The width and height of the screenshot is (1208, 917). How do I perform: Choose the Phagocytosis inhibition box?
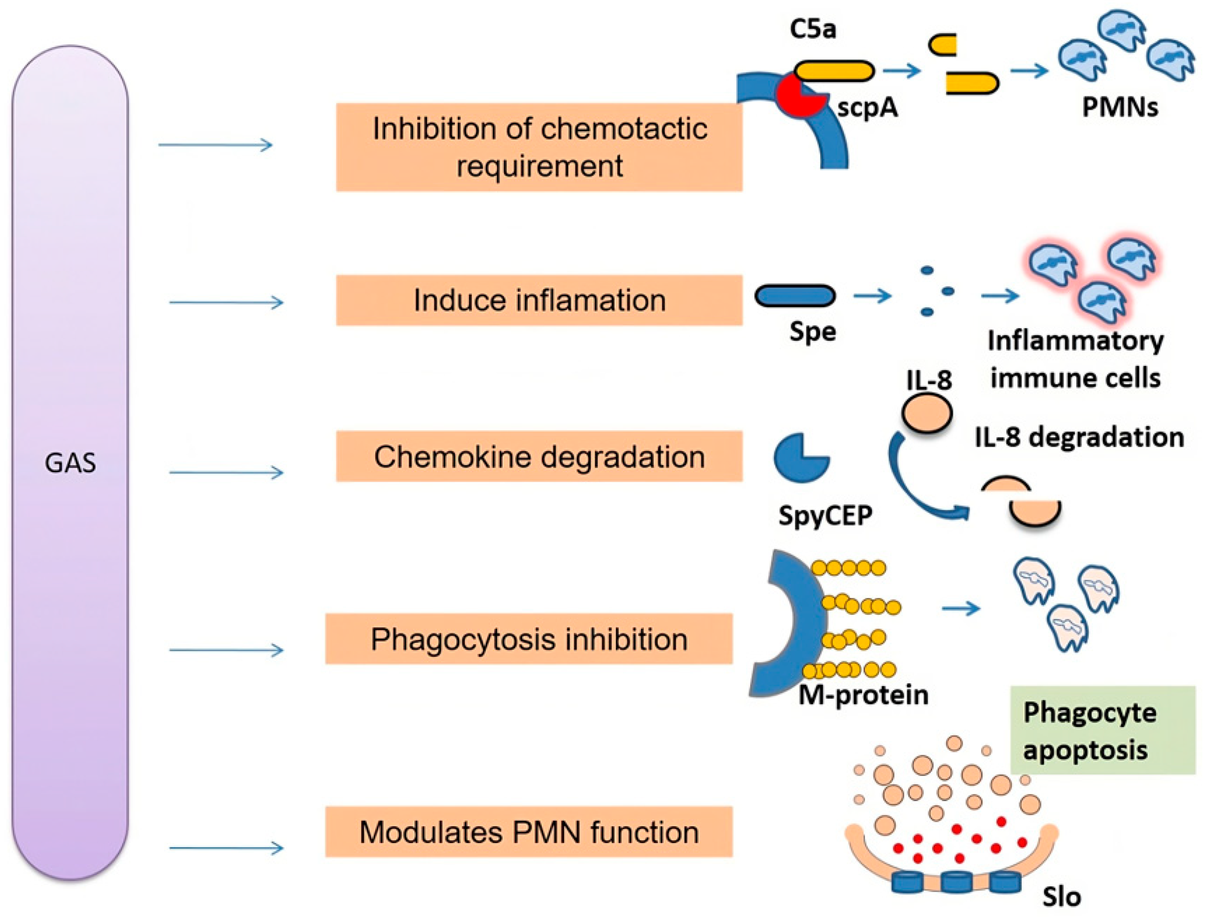click(528, 639)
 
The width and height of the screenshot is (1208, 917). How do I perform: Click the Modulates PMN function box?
click(528, 832)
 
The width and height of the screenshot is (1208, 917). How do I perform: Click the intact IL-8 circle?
click(927, 414)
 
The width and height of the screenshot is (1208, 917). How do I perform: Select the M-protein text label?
click(863, 695)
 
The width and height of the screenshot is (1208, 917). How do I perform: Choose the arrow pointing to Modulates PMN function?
click(226, 848)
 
